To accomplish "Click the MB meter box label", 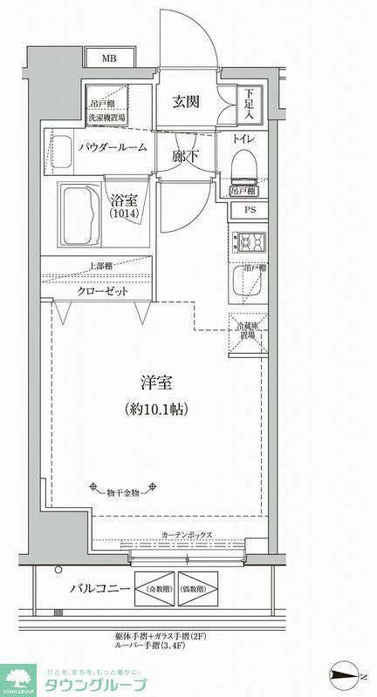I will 109,59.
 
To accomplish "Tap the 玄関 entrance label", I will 185,101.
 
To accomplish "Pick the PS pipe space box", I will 250,210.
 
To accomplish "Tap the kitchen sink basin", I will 242,279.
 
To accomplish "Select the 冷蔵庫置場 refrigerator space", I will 247,331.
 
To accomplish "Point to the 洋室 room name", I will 157,381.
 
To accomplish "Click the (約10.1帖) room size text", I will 157,408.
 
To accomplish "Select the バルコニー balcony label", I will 101,590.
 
